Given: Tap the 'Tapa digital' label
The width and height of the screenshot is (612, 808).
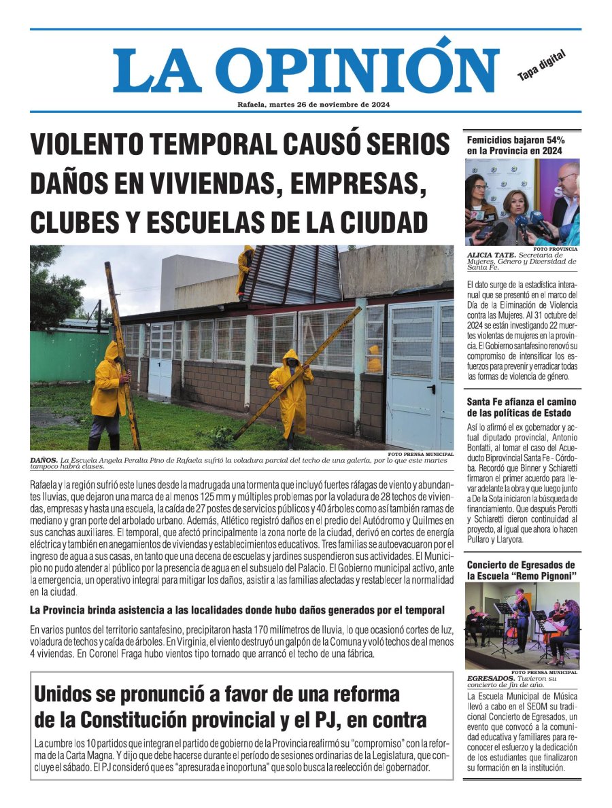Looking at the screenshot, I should pyautogui.click(x=541, y=67).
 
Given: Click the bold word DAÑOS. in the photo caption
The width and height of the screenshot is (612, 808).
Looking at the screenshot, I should pyautogui.click(x=44, y=460).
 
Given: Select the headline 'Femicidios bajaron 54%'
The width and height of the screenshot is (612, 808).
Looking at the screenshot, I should pyautogui.click(x=515, y=140).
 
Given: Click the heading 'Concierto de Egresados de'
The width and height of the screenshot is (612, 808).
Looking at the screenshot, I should pyautogui.click(x=521, y=565).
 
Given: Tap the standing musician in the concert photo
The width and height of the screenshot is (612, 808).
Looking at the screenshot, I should pyautogui.click(x=521, y=618).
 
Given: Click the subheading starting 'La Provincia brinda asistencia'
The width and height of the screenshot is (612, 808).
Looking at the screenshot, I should pyautogui.click(x=237, y=610).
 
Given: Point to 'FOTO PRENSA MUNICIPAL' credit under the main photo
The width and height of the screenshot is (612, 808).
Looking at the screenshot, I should pyautogui.click(x=420, y=453).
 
